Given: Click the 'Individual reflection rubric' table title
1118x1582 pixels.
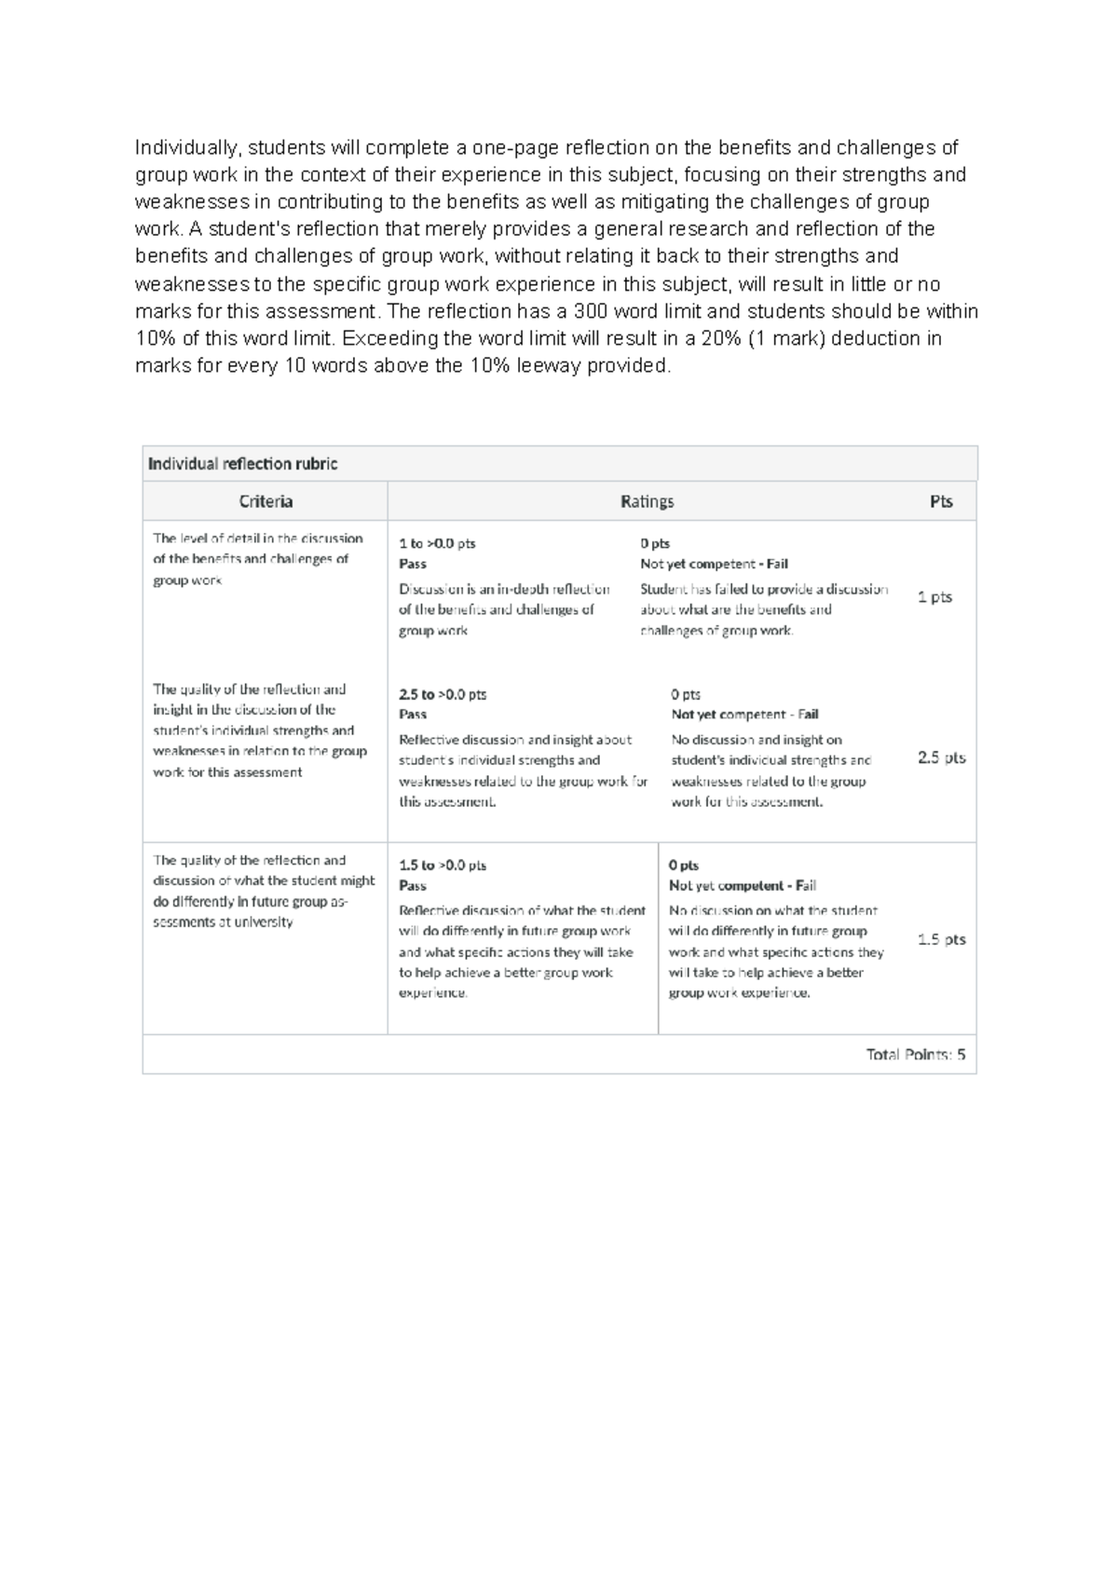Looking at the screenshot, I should pyautogui.click(x=243, y=464).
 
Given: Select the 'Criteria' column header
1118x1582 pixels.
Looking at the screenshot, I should pyautogui.click(x=266, y=502).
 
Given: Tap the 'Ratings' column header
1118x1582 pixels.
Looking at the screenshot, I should pyautogui.click(x=647, y=502).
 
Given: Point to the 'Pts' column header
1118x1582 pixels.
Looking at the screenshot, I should pyautogui.click(x=941, y=502).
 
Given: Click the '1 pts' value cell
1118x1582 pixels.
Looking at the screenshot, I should pyautogui.click(x=934, y=597).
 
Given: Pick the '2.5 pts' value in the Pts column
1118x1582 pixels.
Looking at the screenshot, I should pyautogui.click(x=941, y=758).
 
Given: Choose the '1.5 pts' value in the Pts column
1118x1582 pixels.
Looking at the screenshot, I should pyautogui.click(x=941, y=939).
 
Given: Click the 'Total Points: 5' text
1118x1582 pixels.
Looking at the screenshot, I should pyautogui.click(x=915, y=1055).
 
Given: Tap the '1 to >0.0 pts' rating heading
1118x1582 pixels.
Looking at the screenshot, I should pyautogui.click(x=437, y=544).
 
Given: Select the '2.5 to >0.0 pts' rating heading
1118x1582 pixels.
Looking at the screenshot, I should pyautogui.click(x=443, y=695).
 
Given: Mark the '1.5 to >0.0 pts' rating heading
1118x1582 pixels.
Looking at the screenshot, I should pyautogui.click(x=443, y=866).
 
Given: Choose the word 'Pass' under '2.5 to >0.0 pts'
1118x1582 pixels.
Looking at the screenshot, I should pyautogui.click(x=413, y=715).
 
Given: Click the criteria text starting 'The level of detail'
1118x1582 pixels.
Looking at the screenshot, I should pyautogui.click(x=257, y=559).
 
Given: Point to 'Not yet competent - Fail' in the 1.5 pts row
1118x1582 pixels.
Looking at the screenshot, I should pyautogui.click(x=743, y=886).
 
